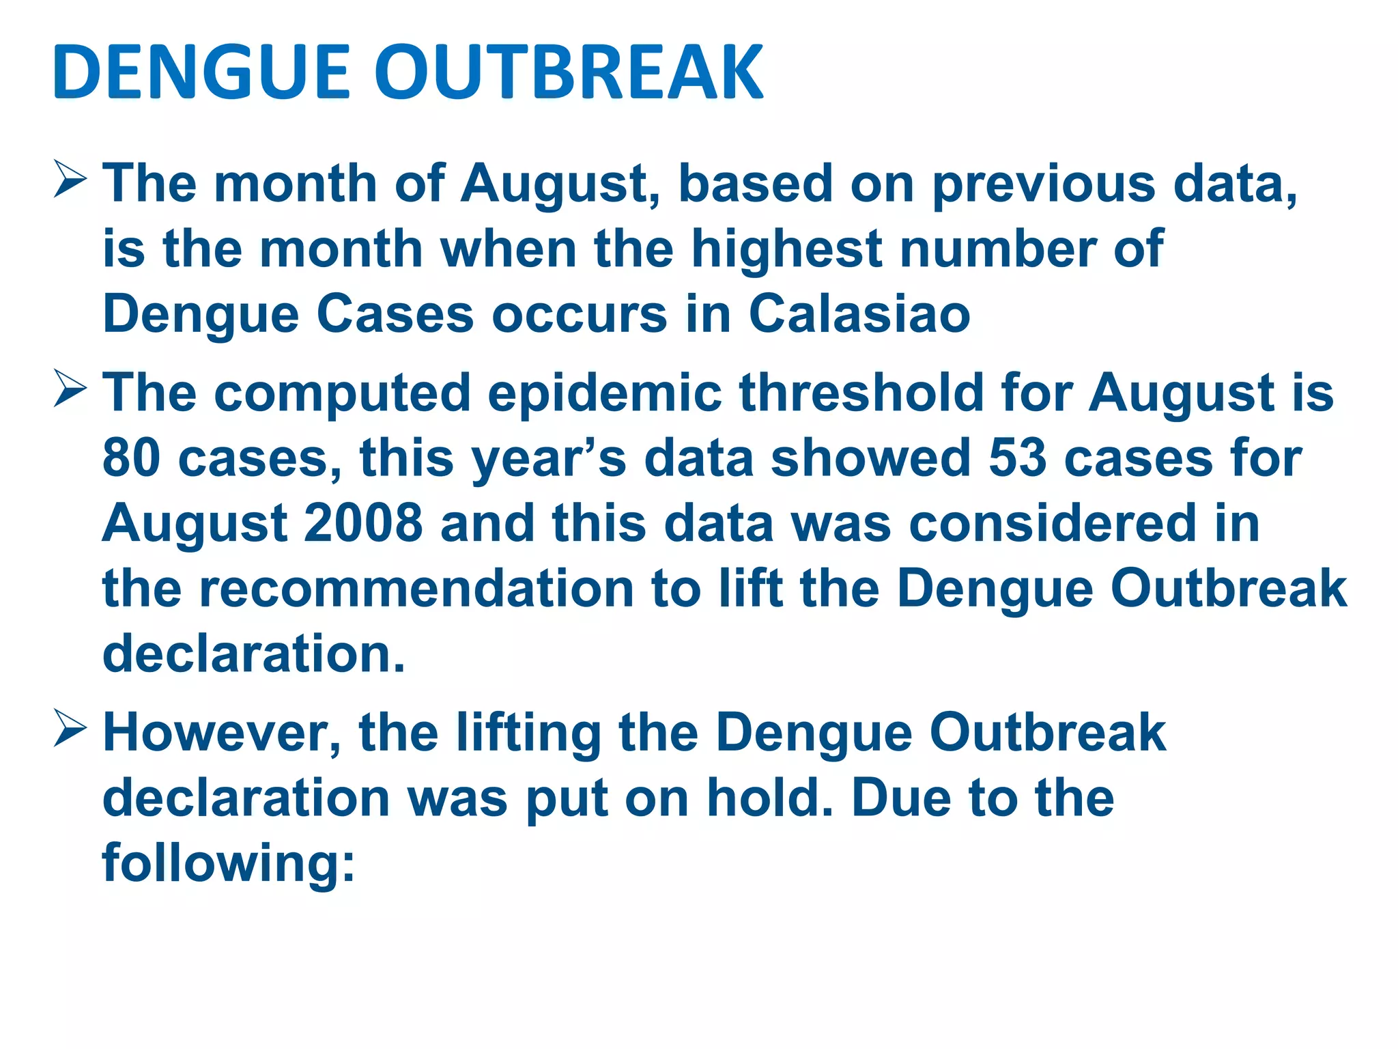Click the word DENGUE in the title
coord(201,72)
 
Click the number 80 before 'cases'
coord(131,458)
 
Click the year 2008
coord(363,523)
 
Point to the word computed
coord(343,394)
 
